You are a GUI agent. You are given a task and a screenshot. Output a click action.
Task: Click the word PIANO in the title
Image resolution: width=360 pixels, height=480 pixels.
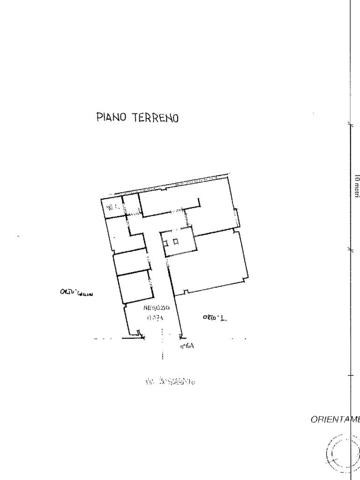click(x=111, y=117)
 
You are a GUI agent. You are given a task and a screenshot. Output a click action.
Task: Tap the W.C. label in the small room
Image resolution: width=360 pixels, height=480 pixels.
click(x=112, y=206)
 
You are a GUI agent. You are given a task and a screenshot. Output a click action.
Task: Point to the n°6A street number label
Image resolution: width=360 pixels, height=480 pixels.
click(x=187, y=346)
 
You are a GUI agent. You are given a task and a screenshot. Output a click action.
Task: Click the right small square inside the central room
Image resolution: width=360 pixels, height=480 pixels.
click(x=175, y=242)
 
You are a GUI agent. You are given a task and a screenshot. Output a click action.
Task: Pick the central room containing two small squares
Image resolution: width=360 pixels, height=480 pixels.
click(x=177, y=241)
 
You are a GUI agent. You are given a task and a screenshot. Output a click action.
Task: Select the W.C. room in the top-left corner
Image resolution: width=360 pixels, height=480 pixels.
click(x=112, y=206)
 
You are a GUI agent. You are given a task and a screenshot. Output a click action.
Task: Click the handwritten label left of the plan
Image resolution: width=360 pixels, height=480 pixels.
click(x=76, y=293)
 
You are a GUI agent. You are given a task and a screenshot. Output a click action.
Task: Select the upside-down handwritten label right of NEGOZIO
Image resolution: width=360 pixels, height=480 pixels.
click(x=214, y=318)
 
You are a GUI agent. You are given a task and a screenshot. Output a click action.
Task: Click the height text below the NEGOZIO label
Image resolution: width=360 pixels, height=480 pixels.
click(x=155, y=318)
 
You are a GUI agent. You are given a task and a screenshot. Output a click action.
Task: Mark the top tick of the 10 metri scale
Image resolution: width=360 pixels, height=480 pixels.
click(x=350, y=124)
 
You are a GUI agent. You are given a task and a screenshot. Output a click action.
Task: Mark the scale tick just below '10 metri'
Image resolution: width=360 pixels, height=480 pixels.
click(x=350, y=250)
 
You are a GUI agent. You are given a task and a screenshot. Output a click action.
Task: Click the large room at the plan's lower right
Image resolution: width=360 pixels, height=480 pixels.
click(x=209, y=262)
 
